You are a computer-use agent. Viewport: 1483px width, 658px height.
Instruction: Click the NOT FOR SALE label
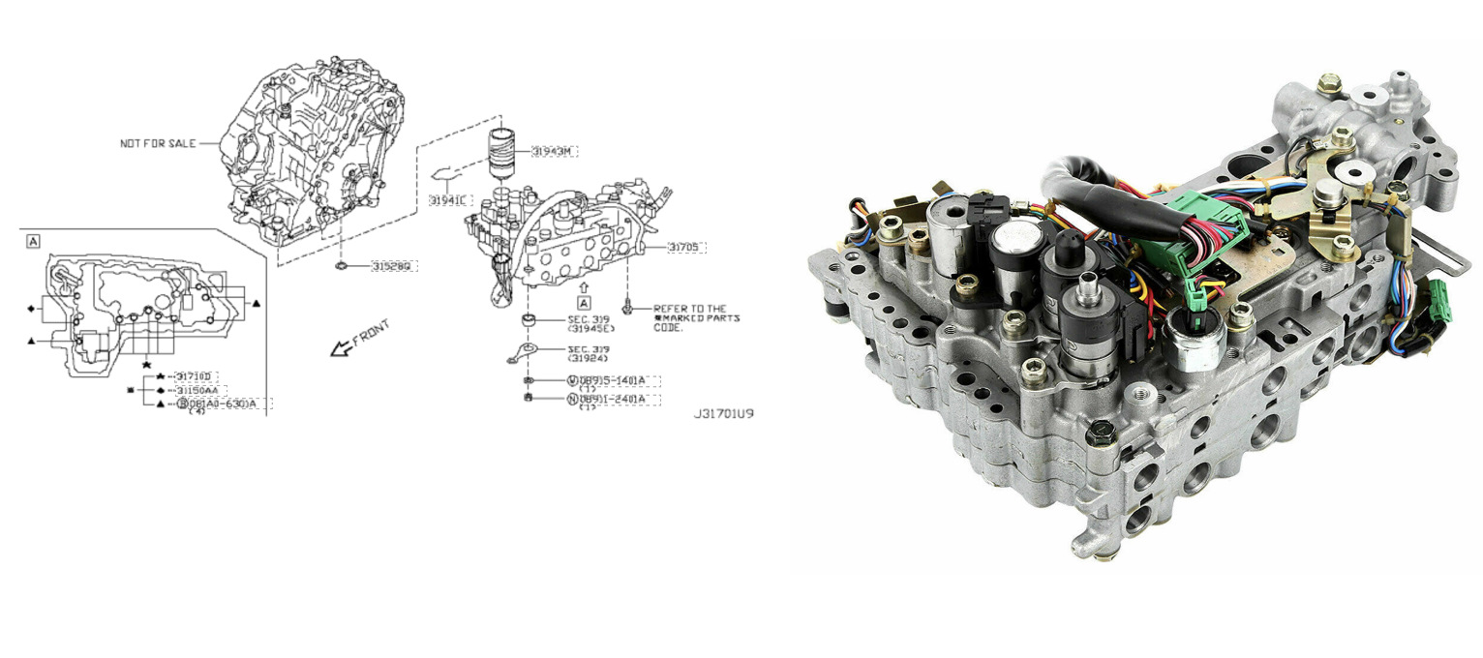click(157, 143)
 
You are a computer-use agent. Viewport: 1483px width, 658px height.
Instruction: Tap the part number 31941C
click(448, 200)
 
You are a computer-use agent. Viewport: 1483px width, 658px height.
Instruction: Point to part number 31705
click(687, 248)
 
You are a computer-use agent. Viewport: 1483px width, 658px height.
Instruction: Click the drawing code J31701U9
click(723, 413)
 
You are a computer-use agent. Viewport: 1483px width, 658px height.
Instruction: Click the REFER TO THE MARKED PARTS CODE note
click(696, 317)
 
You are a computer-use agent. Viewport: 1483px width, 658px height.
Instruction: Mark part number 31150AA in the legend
click(200, 390)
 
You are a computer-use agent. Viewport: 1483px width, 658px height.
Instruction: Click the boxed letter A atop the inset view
click(34, 240)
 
